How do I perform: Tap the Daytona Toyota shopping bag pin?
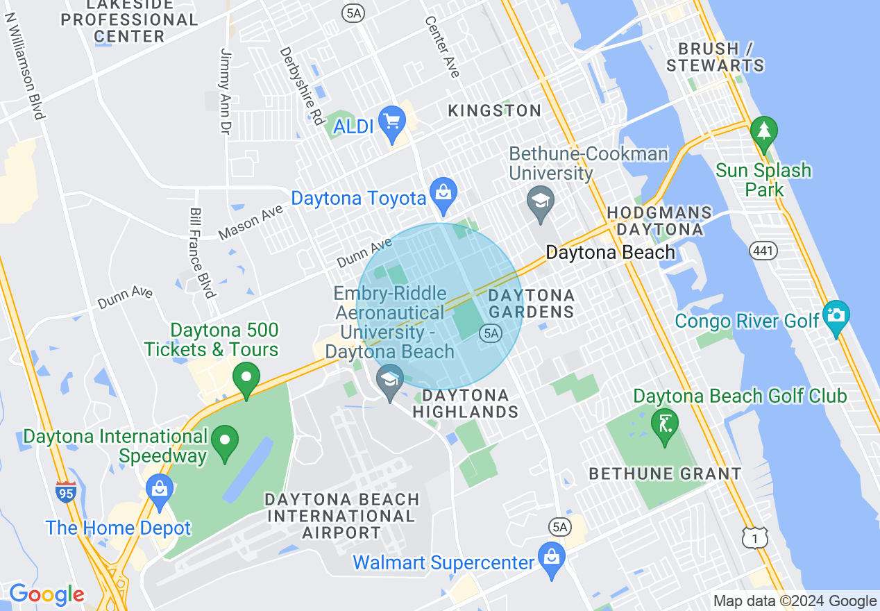[443, 195]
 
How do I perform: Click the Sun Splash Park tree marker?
[763, 132]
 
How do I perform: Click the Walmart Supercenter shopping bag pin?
[552, 558]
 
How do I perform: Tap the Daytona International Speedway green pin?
[225, 442]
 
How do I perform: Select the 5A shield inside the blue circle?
[490, 334]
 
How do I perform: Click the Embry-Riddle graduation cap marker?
[389, 380]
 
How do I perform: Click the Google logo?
[46, 594]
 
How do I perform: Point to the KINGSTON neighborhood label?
[494, 110]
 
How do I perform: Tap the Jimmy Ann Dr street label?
[224, 91]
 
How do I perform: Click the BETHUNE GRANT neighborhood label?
[665, 474]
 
